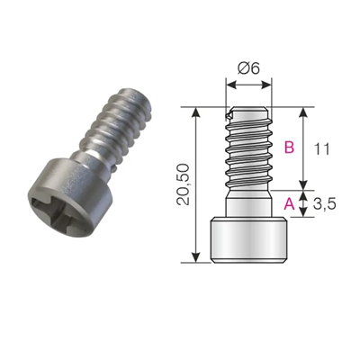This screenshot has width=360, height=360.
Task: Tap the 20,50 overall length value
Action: pos(184,185)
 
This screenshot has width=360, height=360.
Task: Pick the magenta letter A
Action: pos(289,204)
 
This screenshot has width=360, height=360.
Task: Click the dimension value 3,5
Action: pos(328,204)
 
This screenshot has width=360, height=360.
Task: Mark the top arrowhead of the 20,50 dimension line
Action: pos(196,111)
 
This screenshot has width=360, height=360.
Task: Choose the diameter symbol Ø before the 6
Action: pos(242,68)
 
